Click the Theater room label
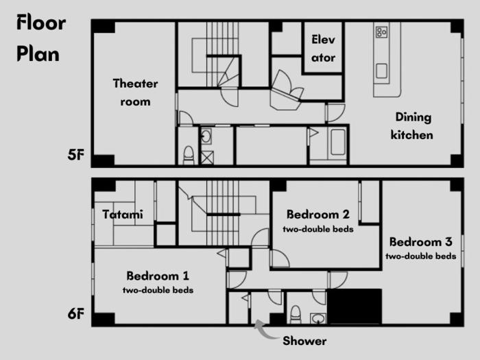pyautogui.click(x=135, y=93)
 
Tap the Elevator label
pyautogui.click(x=323, y=49)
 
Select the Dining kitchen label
pyautogui.click(x=412, y=125)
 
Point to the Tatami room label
pyautogui.click(x=123, y=214)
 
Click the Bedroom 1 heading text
pyautogui.click(x=158, y=276)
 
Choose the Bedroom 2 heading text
pyautogui.click(x=318, y=214)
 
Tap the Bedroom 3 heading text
pyautogui.click(x=421, y=242)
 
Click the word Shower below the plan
pyautogui.click(x=304, y=341)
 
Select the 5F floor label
pyautogui.click(x=76, y=155)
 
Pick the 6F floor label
pyautogui.click(x=76, y=314)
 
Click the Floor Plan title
pyautogui.click(x=41, y=38)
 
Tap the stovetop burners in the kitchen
pyautogui.click(x=382, y=32)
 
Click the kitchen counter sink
pyautogui.click(x=381, y=71)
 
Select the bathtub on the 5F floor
pyautogui.click(x=338, y=142)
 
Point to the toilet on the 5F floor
pyautogui.click(x=189, y=155)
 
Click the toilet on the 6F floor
pyautogui.click(x=296, y=314)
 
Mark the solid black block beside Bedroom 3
pyautogui.click(x=355, y=306)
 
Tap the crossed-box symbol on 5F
pyautogui.click(x=207, y=158)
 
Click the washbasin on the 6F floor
pyautogui.click(x=318, y=318)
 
